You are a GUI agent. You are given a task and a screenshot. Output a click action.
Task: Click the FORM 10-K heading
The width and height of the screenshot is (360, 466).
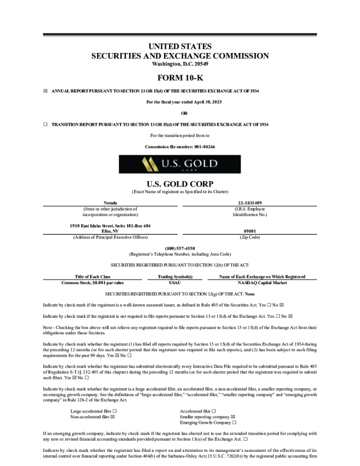180,78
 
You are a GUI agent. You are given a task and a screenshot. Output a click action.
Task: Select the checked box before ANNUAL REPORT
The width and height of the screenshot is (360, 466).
46,91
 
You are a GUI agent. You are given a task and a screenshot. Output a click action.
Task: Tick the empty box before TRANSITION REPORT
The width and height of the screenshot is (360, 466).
46,125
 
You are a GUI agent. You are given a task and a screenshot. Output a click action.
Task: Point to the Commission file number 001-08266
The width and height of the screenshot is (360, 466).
180,146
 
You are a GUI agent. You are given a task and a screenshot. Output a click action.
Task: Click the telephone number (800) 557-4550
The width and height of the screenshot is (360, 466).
180,248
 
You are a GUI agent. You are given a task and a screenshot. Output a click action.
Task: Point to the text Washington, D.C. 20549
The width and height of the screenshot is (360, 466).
180,64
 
